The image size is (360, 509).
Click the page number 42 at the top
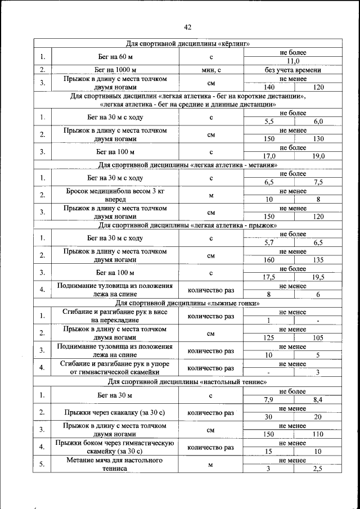coord(188,27)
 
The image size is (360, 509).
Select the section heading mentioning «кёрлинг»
coord(188,44)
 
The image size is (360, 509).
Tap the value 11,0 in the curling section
coord(293,61)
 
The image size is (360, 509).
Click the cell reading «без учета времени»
coord(293,70)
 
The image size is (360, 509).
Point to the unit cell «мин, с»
coord(211,70)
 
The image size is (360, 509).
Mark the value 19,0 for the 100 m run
coord(318,156)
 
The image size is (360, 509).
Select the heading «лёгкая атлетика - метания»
coord(188,165)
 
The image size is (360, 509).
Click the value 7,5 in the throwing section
coord(318,182)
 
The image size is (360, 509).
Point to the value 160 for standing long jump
coord(268,260)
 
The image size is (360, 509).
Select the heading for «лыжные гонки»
coord(188,303)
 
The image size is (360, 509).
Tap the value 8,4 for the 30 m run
coord(318,399)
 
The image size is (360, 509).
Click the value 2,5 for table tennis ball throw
coord(318,469)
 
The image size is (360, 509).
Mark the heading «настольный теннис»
coord(188,382)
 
